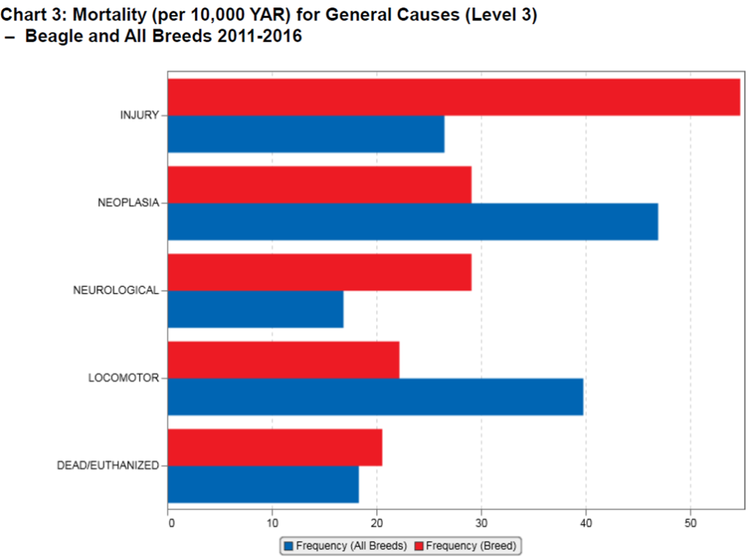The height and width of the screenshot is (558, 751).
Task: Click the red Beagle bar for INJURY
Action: tap(454, 97)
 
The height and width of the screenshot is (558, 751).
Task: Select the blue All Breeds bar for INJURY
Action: tap(306, 134)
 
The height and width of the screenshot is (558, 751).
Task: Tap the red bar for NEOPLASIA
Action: tap(319, 185)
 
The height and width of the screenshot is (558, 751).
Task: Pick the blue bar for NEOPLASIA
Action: tap(412, 222)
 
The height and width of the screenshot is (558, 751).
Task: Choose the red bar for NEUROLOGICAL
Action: tap(319, 272)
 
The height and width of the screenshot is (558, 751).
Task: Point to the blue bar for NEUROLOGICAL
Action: tap(255, 309)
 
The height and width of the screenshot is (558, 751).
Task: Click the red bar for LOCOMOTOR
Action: tap(283, 360)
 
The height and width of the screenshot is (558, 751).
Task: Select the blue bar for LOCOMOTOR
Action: tap(375, 397)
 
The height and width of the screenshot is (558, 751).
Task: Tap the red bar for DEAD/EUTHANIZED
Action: tap(275, 448)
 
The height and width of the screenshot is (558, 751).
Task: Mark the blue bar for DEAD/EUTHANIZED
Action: tap(263, 484)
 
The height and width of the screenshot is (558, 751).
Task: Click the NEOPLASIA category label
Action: tap(128, 203)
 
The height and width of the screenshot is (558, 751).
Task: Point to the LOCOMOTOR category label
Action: tap(123, 378)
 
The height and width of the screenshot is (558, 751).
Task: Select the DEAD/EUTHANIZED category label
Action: tap(108, 466)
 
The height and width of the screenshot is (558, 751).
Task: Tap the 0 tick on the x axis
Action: tap(170, 523)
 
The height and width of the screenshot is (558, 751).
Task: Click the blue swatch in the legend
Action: tap(288, 545)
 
